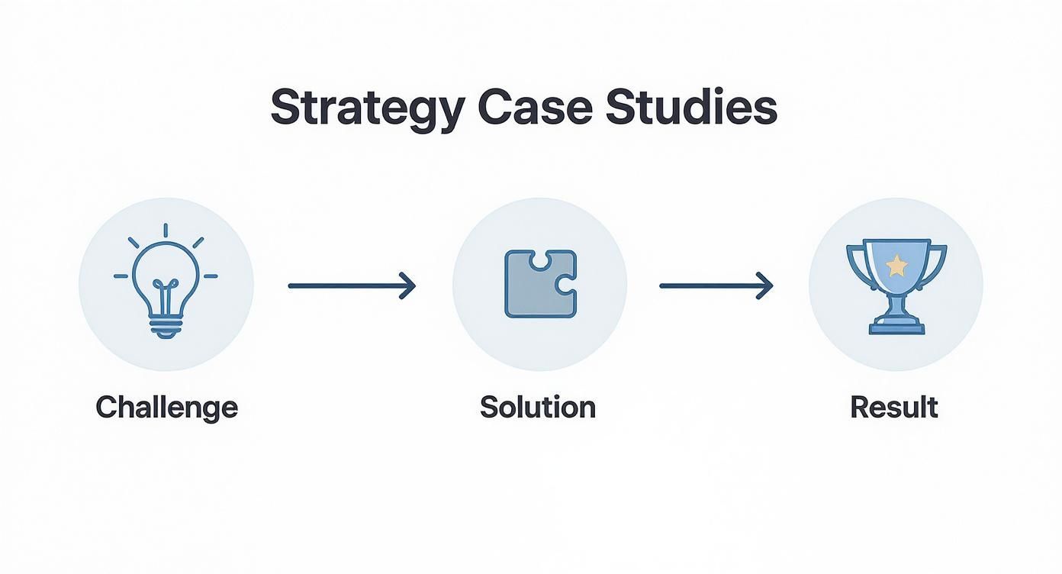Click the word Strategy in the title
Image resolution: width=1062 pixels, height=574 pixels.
pos(366,109)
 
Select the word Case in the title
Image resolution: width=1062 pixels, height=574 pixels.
pos(534,108)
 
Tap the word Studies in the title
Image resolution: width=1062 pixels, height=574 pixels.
pos(691,108)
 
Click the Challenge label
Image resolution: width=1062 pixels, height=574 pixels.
pos(166,408)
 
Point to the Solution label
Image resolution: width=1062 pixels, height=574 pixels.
pos(538,407)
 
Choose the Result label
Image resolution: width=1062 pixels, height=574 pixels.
pos(894,407)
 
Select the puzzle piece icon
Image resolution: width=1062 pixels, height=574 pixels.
pos(540,284)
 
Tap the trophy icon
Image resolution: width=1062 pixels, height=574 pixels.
pos(896,285)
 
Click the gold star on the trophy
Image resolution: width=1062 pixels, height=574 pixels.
pos(897,265)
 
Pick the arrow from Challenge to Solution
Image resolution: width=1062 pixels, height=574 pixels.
pos(351,286)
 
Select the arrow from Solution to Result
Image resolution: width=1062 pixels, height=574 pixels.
pos(716,286)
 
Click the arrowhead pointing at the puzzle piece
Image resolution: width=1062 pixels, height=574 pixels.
pos(409,286)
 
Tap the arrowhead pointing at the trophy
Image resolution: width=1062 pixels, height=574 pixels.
pos(766,286)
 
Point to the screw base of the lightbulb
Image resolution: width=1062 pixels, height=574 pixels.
pos(166,327)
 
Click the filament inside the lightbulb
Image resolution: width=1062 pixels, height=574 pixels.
pos(166,294)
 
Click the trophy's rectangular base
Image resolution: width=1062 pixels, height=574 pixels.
pos(896,328)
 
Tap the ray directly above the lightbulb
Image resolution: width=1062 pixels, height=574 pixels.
pos(166,231)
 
